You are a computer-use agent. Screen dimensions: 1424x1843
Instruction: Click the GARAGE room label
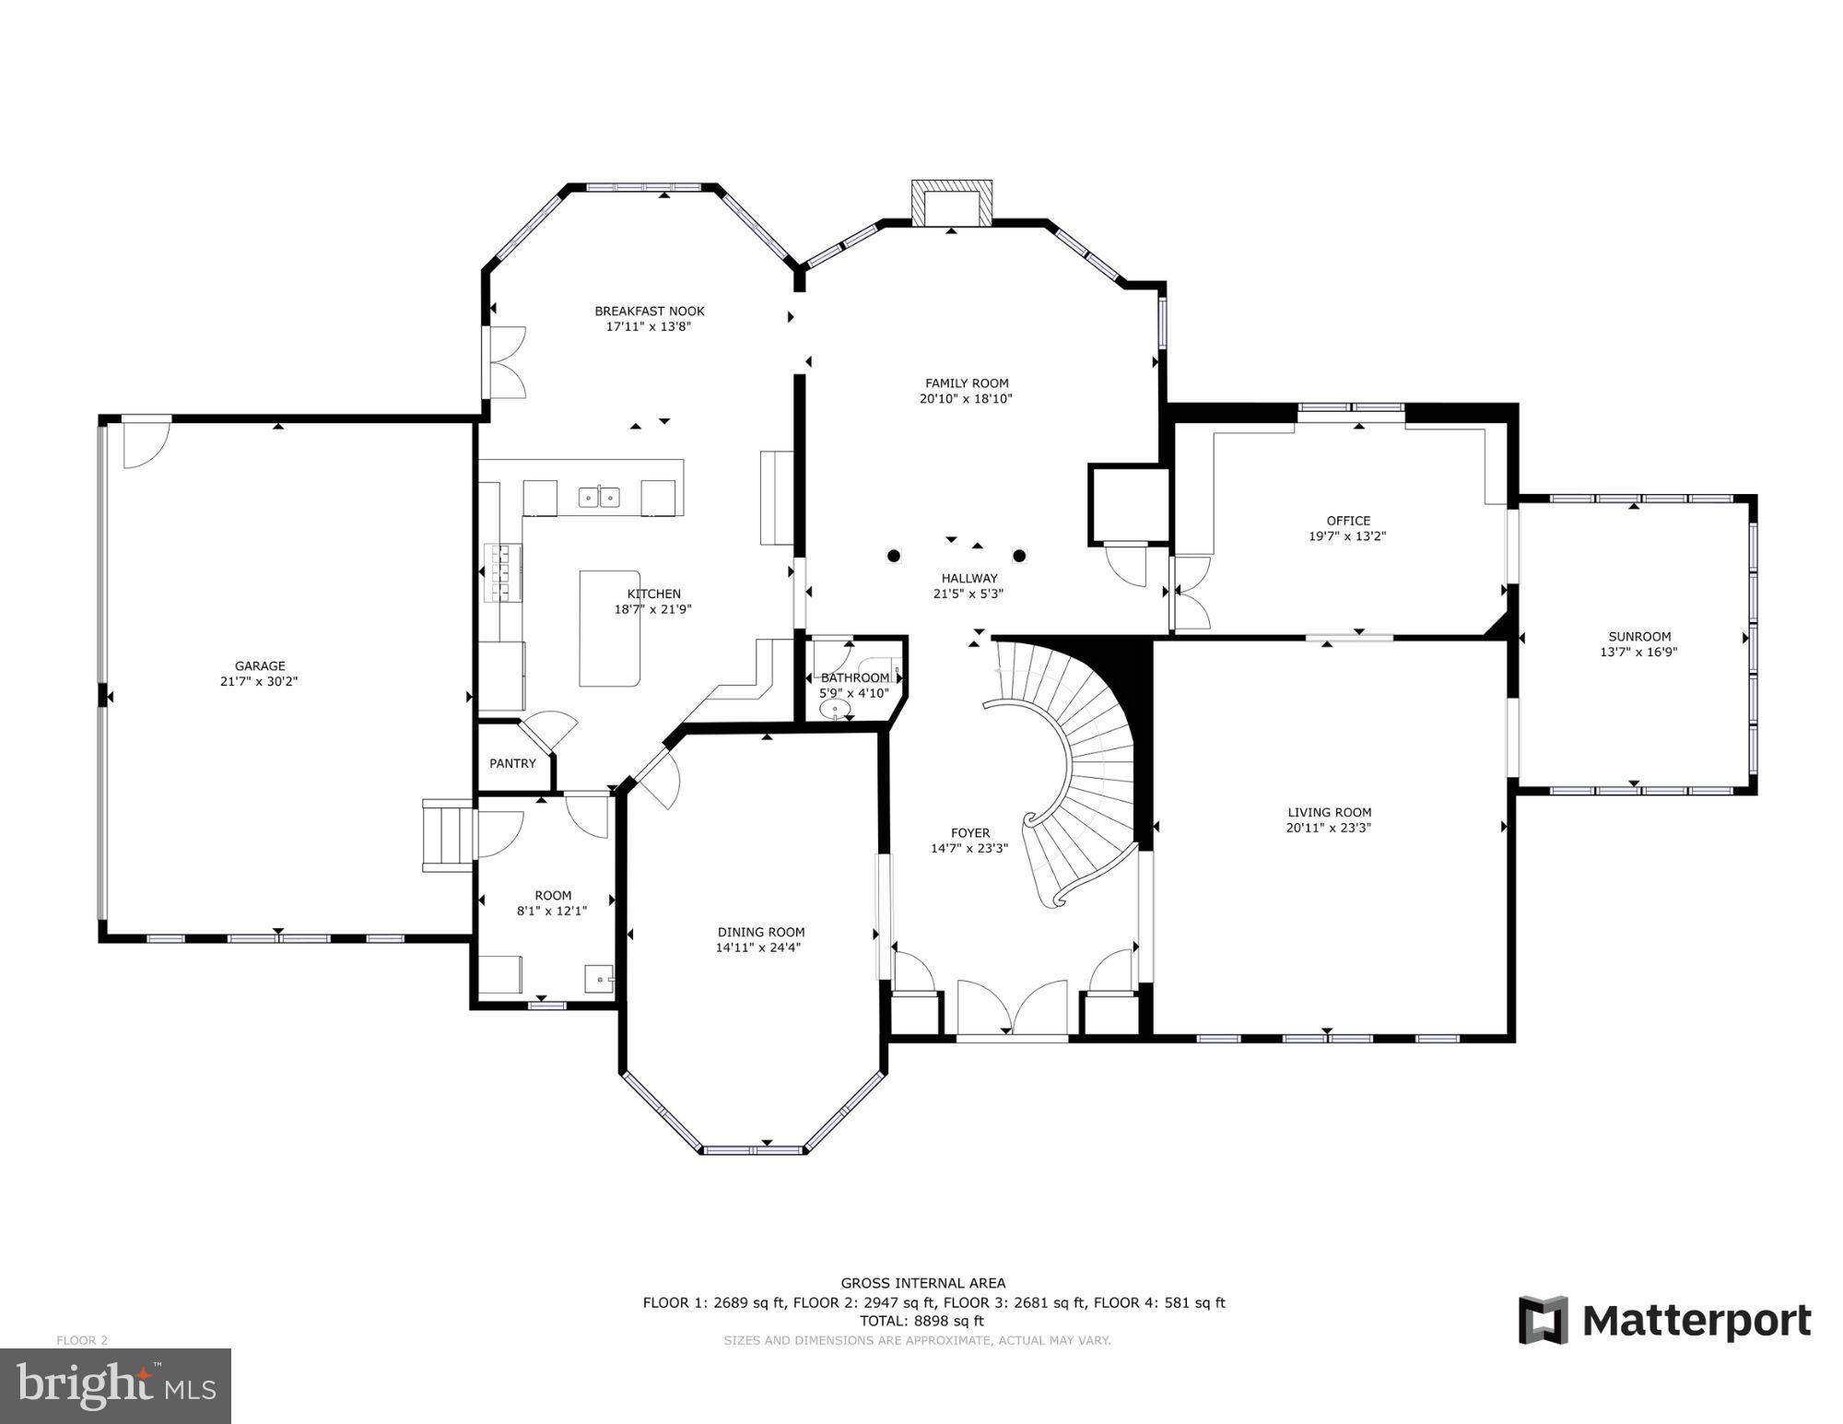[x=260, y=665]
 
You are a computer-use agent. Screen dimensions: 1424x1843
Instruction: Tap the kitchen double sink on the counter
[x=599, y=498]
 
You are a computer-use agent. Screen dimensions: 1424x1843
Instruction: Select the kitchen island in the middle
[x=609, y=629]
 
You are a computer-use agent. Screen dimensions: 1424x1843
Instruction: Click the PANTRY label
[x=512, y=763]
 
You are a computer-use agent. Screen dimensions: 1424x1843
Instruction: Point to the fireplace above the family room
[x=951, y=203]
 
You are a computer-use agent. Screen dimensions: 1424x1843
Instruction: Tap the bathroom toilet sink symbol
[x=836, y=709]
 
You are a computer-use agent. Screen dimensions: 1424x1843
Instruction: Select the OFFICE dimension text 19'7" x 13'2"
[x=1347, y=535]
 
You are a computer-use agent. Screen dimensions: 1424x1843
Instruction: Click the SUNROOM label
[x=1639, y=636]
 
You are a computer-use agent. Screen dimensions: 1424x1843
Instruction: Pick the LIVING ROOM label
[x=1329, y=812]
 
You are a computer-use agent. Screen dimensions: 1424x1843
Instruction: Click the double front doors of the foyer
[x=1012, y=1009]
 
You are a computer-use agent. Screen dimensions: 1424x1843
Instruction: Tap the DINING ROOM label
[x=761, y=932]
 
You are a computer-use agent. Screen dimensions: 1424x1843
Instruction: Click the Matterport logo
[x=1664, y=1321]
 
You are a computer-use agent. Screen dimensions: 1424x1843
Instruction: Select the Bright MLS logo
[x=115, y=1385]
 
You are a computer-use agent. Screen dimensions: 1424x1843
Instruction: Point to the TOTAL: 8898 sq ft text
[x=921, y=1321]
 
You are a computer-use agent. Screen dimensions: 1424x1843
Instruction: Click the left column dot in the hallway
[x=893, y=556]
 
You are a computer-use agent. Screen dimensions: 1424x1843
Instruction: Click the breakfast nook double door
[x=505, y=362]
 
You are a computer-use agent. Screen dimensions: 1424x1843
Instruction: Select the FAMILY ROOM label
[x=967, y=382]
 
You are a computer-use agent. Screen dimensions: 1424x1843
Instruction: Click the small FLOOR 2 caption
[x=82, y=1340]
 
